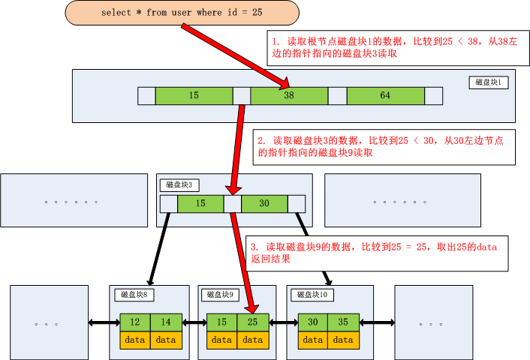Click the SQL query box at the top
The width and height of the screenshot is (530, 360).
[182, 13]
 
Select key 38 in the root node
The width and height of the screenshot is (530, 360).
[289, 96]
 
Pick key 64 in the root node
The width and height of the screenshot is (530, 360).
[385, 96]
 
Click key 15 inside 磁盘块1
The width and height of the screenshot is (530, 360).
[194, 96]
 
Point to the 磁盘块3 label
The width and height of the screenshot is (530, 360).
[179, 184]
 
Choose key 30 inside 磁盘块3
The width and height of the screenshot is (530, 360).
[263, 204]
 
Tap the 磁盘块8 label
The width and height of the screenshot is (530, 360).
[136, 295]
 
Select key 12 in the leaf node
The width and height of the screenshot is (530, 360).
[134, 322]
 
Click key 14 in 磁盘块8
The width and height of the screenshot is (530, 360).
[165, 322]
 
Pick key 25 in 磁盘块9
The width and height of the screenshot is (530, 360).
[252, 322]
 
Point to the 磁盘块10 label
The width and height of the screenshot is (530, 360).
[312, 295]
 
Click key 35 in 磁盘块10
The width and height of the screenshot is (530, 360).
[342, 322]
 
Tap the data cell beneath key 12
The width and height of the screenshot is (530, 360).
[134, 340]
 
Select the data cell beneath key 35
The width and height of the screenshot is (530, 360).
[342, 340]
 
